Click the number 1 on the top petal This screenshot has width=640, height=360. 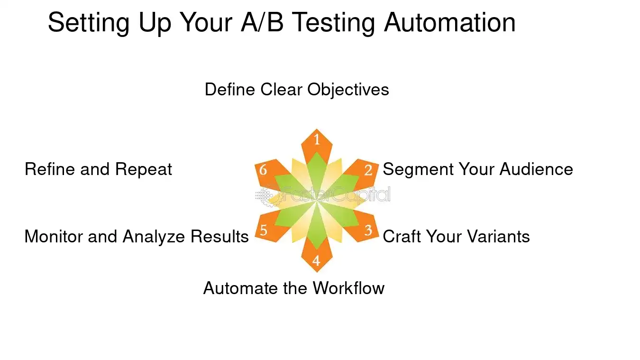point(317,140)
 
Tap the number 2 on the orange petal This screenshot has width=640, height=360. point(368,170)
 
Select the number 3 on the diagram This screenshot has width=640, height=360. point(368,231)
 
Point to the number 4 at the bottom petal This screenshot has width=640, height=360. point(316,261)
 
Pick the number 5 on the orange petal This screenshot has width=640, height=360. point(264,231)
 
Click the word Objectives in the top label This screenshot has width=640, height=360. point(348,90)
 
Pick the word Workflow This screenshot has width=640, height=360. point(348,288)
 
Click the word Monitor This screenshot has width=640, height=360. point(54,236)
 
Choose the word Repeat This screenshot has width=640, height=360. point(144,170)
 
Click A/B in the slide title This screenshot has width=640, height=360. point(263,22)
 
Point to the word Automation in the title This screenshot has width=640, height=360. point(449,22)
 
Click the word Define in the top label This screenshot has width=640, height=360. point(230,90)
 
